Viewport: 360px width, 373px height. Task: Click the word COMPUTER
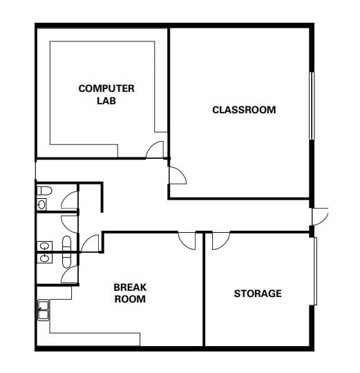106,88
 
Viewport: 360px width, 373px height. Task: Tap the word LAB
106,100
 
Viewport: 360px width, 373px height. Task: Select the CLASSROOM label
244,110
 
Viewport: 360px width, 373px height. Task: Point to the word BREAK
130,287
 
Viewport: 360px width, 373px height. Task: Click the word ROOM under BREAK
130,299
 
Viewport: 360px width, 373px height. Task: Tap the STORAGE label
258,294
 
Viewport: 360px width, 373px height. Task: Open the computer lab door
155,150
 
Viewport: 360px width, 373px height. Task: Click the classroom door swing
178,175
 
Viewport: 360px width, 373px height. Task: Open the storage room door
220,240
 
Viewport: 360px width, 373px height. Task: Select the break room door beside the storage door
187,240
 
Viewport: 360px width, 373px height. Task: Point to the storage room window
315,270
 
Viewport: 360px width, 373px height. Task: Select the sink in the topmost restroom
43,204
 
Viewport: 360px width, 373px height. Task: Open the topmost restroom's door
70,200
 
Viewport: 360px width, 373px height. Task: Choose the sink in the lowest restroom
44,258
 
